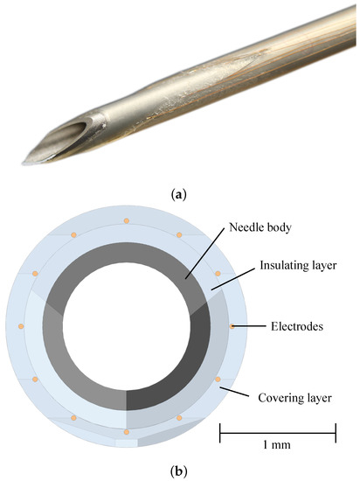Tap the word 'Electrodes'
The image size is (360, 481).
295,327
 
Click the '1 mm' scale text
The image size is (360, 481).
277,444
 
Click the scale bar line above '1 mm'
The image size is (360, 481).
277,429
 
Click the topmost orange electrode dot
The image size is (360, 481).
127,220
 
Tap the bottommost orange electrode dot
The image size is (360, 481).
127,433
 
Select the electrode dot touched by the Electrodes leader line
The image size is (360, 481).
232,327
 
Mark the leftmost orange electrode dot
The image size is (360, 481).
20,326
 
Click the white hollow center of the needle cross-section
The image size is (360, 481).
126,326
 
